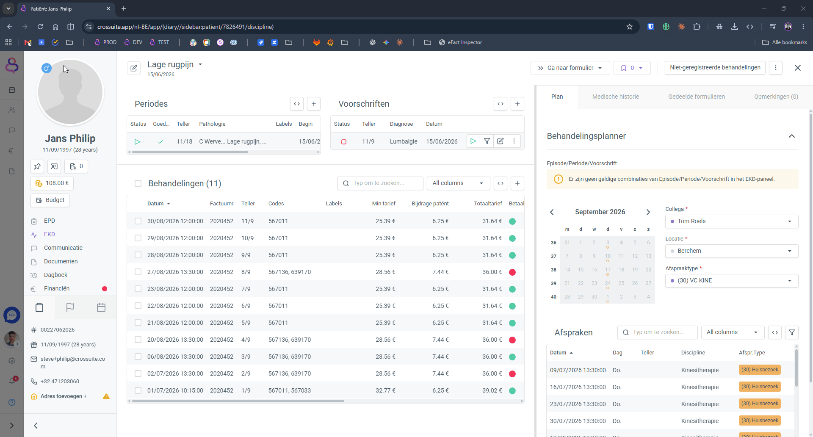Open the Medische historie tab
coord(615,97)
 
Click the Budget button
coord(50,200)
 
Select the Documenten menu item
coord(61,261)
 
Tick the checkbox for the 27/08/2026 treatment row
coord(138,272)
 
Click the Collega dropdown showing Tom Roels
coord(731,221)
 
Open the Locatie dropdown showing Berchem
coord(731,251)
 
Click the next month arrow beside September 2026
coord(648,212)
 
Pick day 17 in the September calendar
coord(608,270)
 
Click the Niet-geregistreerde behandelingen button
coord(715,68)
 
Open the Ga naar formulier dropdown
coord(570,68)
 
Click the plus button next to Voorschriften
coord(517,104)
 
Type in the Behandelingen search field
coord(380,183)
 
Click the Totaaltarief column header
coord(488,204)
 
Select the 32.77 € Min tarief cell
coord(385,390)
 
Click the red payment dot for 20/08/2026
coord(512,340)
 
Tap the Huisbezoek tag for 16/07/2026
coord(760,387)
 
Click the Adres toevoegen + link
coord(64,396)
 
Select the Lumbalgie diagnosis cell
coord(404,141)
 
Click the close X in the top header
coord(797,68)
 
